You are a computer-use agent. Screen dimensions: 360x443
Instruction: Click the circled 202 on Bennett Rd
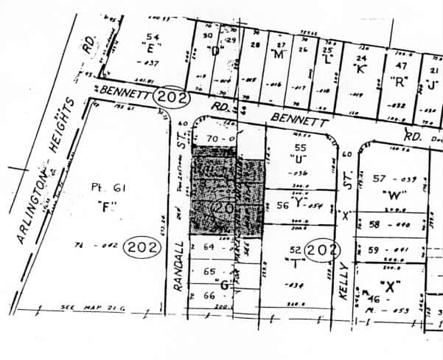coord(172,96)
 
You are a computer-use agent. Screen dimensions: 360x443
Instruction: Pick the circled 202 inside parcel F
coord(142,247)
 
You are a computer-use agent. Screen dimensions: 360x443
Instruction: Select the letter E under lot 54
coord(153,50)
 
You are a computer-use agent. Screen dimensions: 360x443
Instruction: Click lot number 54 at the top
coord(153,37)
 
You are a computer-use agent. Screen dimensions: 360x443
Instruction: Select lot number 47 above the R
coord(401,66)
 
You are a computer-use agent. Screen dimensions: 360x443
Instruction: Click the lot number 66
coord(209,295)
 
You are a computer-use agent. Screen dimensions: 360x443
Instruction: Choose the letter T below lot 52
coord(297,263)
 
